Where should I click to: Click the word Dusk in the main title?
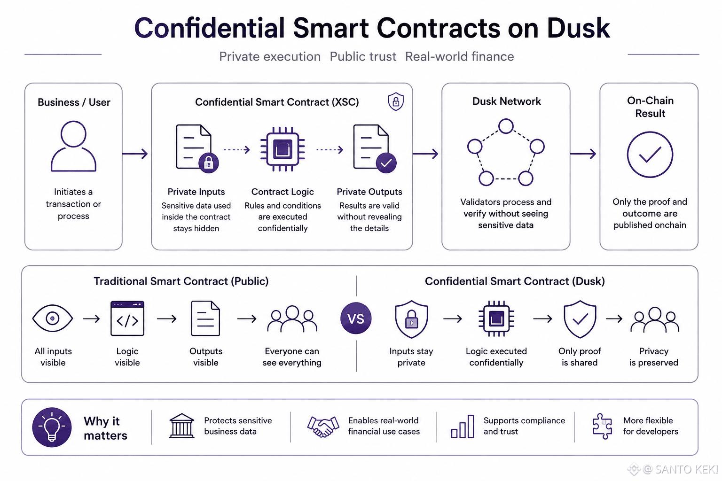coord(578,28)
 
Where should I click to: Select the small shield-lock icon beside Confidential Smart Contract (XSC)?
coord(396,101)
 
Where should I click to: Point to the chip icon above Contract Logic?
coord(283,149)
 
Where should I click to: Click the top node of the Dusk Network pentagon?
coord(506,126)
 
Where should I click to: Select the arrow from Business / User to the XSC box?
coord(135,154)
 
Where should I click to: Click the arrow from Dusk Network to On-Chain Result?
coord(583,154)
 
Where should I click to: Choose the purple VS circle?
coord(356,318)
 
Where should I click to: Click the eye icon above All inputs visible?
coord(53,318)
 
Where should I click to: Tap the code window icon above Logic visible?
coord(127,318)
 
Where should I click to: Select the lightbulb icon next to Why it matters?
coord(52,427)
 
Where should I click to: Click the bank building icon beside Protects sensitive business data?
coord(182,426)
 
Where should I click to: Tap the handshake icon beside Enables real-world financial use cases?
coord(323,426)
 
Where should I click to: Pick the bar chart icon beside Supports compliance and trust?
coord(463,427)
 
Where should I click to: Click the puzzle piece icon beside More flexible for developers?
coord(602,426)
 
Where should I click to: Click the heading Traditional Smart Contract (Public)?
coord(181,281)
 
